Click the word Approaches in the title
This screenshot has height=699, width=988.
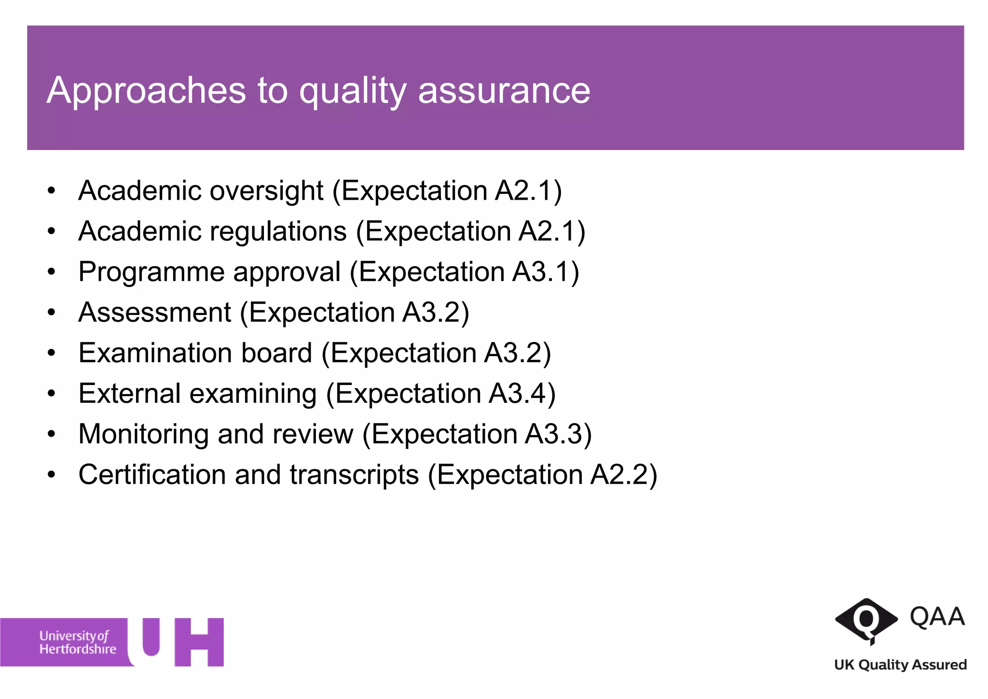point(146,91)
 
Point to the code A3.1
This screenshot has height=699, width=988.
point(541,272)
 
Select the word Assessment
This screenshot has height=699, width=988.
point(155,312)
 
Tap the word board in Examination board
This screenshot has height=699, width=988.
point(276,353)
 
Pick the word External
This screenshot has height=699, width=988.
point(129,393)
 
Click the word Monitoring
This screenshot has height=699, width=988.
point(143,434)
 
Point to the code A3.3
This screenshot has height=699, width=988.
point(554,434)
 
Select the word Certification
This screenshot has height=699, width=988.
point(152,475)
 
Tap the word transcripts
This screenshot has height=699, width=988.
point(354,475)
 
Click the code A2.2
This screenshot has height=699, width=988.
point(619,474)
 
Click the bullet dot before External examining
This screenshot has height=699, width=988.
point(52,394)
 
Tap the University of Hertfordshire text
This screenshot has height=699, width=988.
point(78,643)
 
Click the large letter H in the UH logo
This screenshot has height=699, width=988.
point(199,642)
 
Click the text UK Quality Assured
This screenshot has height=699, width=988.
point(900,665)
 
